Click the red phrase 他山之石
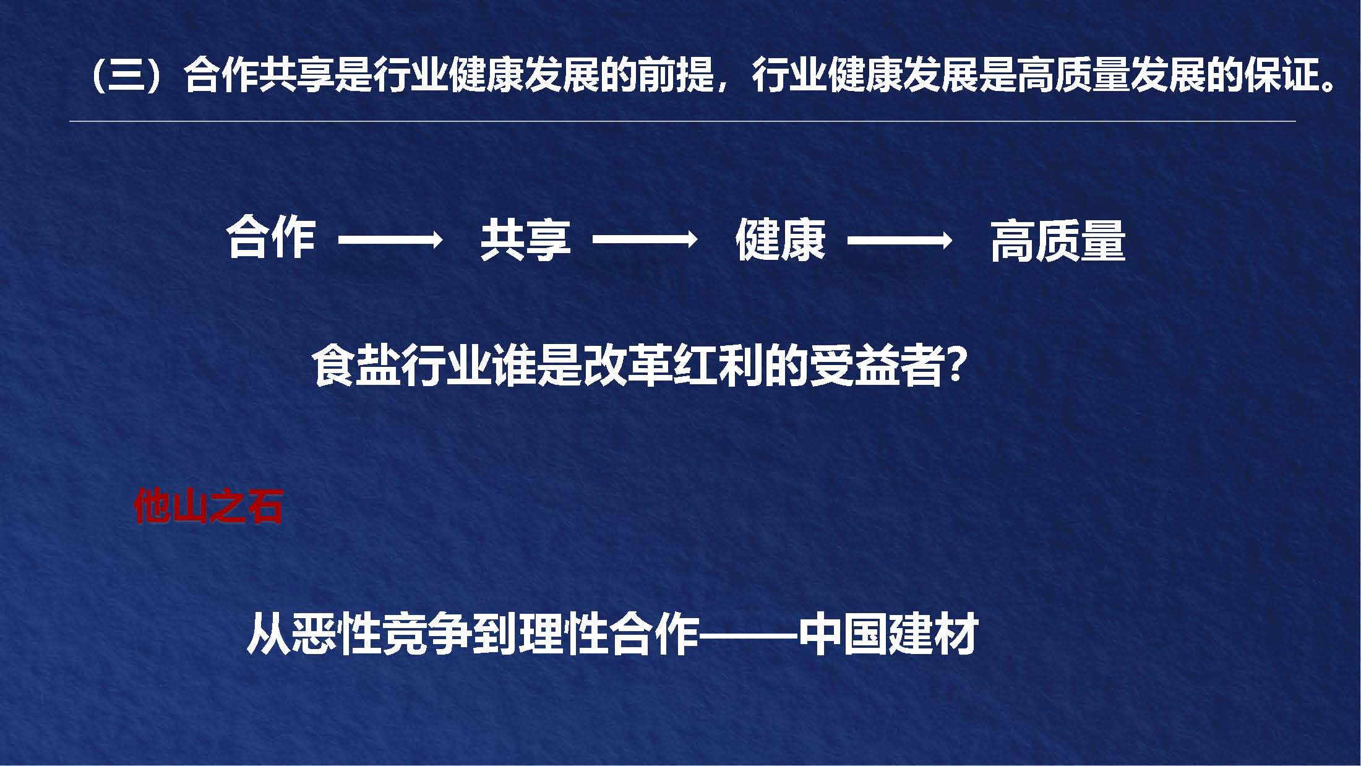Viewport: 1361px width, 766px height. [208, 507]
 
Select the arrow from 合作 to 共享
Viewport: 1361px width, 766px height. [390, 239]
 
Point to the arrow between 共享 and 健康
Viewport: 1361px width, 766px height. [645, 239]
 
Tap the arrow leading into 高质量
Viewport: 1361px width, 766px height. [899, 239]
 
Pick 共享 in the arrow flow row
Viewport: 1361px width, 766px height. [525, 240]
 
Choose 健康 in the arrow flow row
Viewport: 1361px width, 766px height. [780, 240]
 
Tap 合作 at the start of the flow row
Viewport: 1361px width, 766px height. [271, 239]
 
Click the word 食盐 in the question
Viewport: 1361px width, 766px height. [356, 366]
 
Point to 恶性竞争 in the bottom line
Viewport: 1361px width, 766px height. [382, 634]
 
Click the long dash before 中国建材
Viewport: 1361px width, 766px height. [748, 635]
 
